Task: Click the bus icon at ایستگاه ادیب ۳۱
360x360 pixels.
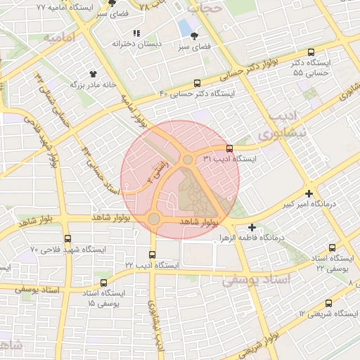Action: (229, 148)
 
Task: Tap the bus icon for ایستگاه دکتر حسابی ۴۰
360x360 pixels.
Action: (196, 82)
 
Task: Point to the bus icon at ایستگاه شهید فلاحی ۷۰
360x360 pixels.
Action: (67, 238)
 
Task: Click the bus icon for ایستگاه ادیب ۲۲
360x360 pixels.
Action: (153, 254)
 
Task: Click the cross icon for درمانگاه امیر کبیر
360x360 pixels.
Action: (309, 193)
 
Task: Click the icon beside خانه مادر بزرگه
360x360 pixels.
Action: (92, 73)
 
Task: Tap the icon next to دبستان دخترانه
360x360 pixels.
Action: (136, 33)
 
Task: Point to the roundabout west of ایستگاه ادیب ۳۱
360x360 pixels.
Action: (187, 160)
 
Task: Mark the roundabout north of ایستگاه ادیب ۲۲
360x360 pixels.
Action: (153, 219)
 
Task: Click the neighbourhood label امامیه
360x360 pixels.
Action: (59, 37)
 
